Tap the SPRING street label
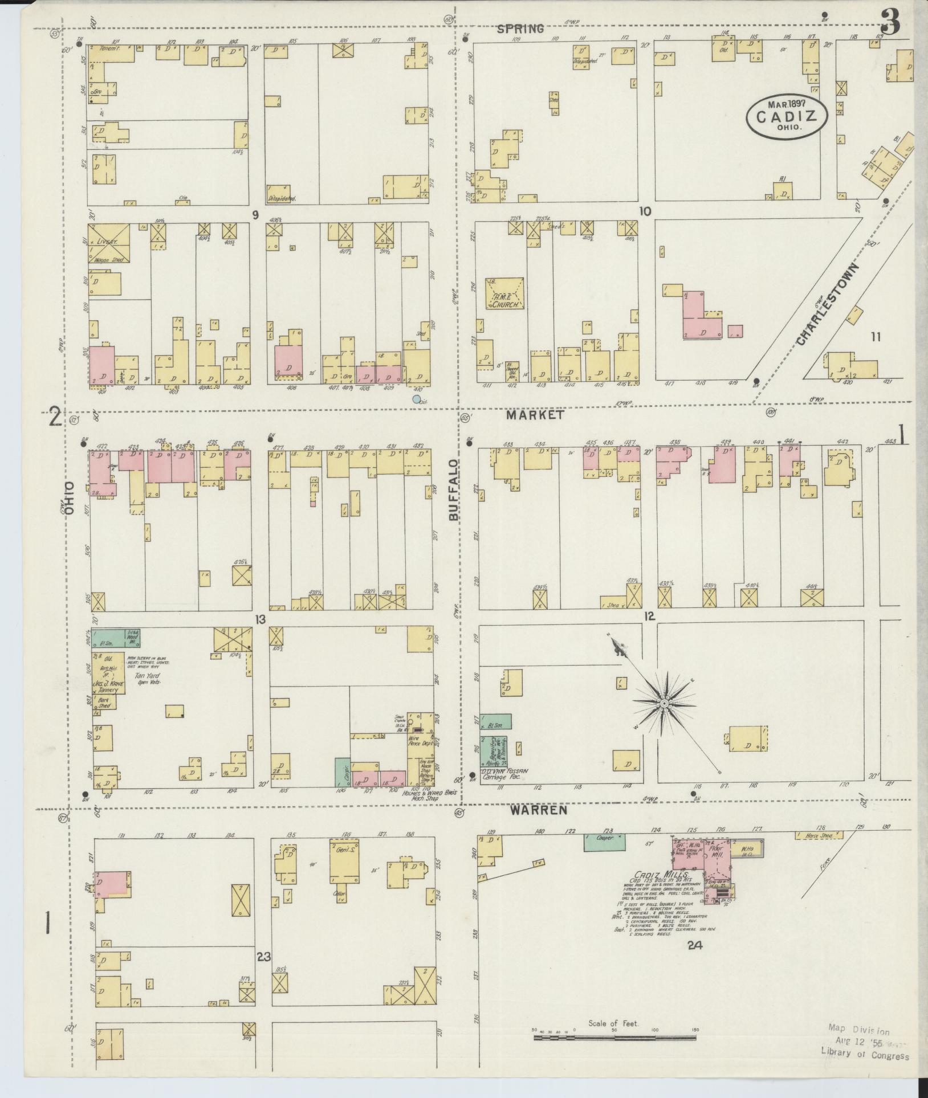click(x=520, y=29)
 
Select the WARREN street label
click(x=546, y=809)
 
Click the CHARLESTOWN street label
click(x=826, y=304)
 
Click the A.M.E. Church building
click(x=505, y=293)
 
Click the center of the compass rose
click(x=664, y=705)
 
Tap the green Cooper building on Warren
click(x=604, y=842)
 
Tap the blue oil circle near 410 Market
click(x=417, y=399)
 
